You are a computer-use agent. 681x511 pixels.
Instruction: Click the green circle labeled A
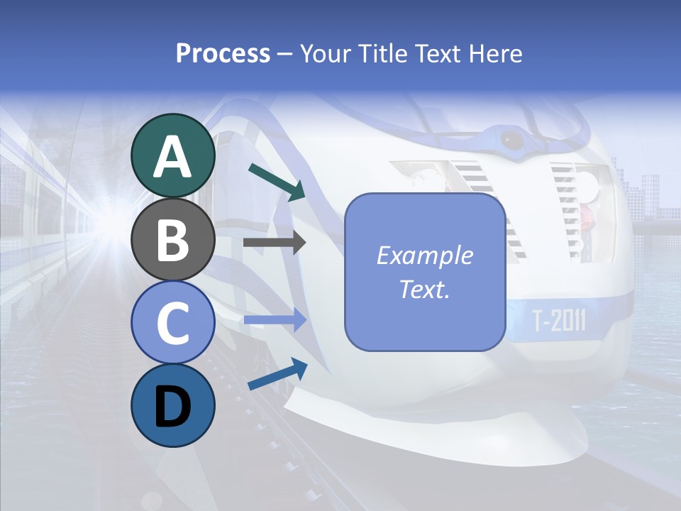point(172,155)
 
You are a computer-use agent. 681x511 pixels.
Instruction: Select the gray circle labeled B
point(172,239)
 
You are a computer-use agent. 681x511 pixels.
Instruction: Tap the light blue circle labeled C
point(172,322)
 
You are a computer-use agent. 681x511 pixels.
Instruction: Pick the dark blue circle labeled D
point(172,405)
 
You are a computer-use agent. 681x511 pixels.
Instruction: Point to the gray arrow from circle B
point(275,243)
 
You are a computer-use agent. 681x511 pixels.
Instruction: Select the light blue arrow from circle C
point(275,320)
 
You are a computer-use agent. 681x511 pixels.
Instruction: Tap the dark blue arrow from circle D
point(277,375)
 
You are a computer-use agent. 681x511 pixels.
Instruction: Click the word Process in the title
point(223,53)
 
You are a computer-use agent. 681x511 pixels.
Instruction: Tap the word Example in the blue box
point(424,255)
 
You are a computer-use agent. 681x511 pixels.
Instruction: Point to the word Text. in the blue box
point(424,290)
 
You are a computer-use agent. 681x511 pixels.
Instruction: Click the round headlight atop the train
point(511,138)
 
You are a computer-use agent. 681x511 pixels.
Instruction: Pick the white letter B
point(172,240)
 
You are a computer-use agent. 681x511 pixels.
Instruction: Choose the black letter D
point(172,407)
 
